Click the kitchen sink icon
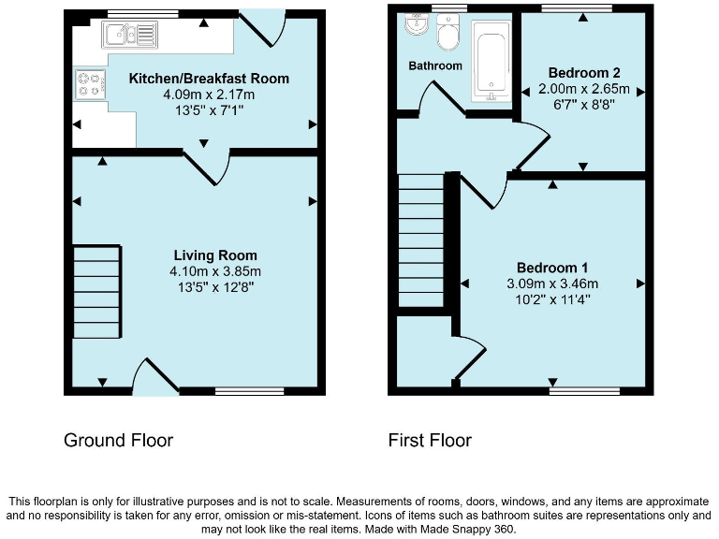[x=132, y=36]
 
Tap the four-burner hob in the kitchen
[x=89, y=85]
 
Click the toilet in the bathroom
[x=447, y=36]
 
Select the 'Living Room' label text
[x=215, y=255]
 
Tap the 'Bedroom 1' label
[x=551, y=268]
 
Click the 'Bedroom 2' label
[x=583, y=73]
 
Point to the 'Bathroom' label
[x=435, y=66]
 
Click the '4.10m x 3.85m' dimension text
[x=215, y=271]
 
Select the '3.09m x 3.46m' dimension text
[x=551, y=284]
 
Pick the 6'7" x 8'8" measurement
[x=583, y=105]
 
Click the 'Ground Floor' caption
[x=118, y=440]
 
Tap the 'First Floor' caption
[x=430, y=440]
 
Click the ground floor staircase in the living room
[x=96, y=291]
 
